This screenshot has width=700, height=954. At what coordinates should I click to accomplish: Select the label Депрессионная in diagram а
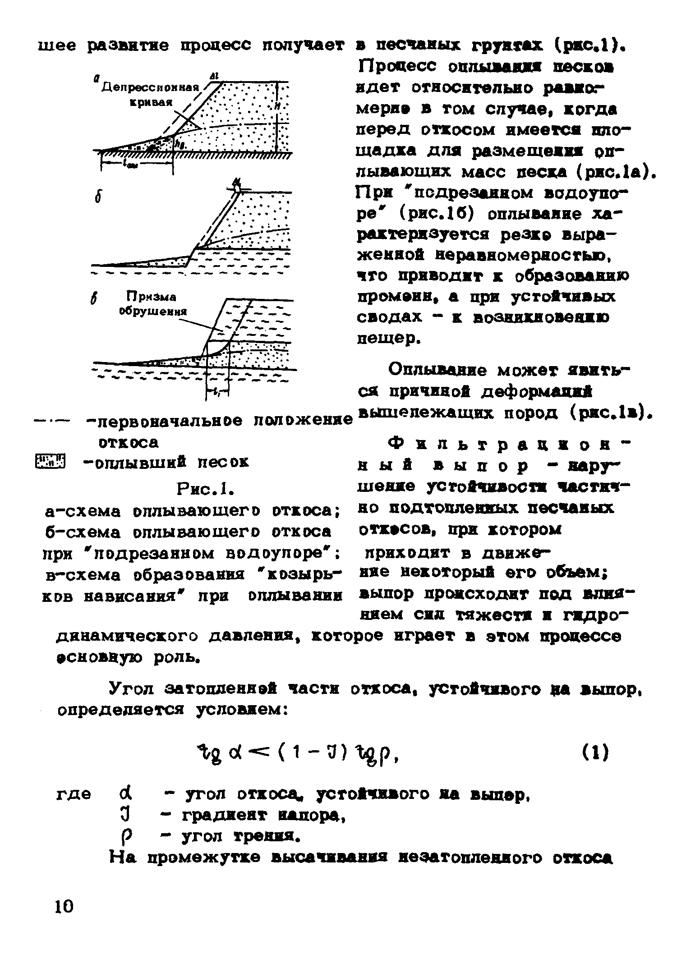[x=150, y=87]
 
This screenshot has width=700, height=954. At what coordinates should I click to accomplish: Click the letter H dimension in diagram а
[x=276, y=107]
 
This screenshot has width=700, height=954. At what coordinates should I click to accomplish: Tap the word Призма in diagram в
[x=150, y=297]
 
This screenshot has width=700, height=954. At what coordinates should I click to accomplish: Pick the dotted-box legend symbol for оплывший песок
[x=50, y=462]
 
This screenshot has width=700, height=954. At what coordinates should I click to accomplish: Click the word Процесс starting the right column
[x=392, y=67]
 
